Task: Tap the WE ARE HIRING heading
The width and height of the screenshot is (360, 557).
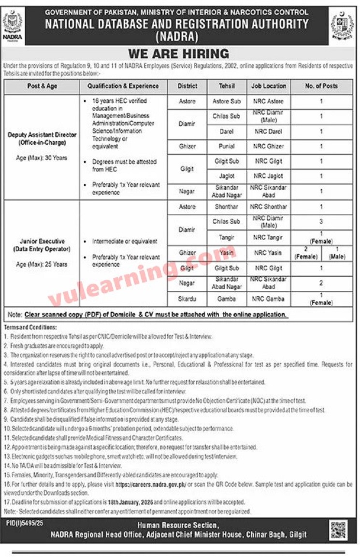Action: point(178,53)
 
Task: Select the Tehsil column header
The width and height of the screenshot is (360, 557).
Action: point(227,86)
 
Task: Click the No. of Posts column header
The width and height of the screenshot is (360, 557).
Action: point(321,86)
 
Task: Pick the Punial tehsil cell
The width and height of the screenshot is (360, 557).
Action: point(227,146)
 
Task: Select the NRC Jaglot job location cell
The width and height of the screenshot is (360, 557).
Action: point(269,176)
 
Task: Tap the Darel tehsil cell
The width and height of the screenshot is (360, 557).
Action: point(227,131)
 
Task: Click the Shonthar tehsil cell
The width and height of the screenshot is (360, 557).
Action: point(227,207)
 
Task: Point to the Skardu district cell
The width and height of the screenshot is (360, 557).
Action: point(187,299)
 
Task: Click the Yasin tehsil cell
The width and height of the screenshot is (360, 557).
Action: point(227,253)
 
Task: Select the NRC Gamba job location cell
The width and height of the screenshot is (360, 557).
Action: point(269,299)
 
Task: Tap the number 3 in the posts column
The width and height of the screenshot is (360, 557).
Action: point(321,222)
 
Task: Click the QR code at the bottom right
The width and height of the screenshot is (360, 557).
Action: point(338,530)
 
